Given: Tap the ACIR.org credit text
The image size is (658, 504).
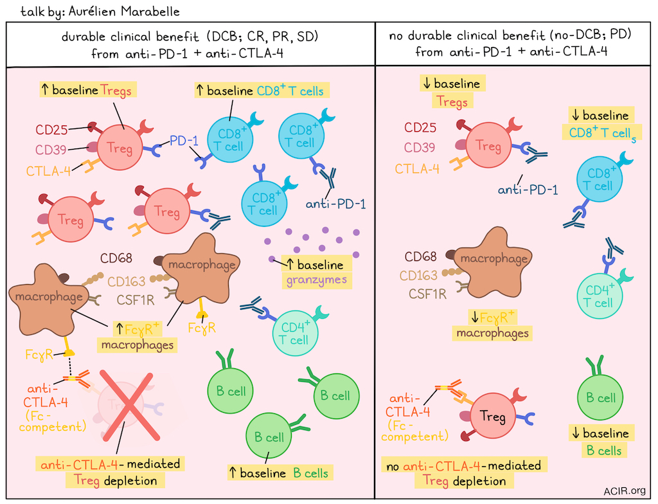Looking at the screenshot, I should tap(625, 491).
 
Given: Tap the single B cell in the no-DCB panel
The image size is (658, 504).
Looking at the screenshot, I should tap(598, 398).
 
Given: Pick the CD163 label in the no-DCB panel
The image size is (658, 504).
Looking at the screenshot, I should tap(420, 275).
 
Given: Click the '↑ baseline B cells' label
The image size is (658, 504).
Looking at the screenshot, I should tap(280, 474).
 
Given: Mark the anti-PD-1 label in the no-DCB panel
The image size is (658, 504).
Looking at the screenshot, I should tap(528, 190).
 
